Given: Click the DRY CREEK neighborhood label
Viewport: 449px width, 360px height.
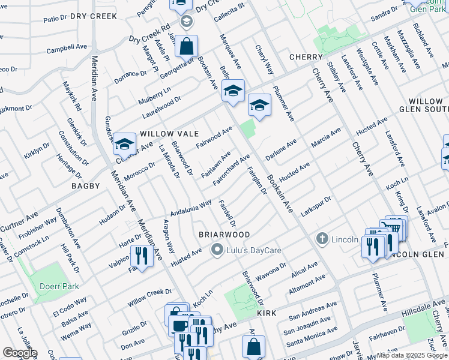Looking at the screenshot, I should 93,16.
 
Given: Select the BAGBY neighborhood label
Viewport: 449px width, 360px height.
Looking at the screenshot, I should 86,186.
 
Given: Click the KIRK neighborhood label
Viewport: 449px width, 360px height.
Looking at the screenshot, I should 267,313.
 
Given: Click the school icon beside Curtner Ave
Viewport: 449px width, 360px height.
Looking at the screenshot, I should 124,144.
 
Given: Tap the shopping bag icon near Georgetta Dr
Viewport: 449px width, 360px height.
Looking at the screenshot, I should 187,46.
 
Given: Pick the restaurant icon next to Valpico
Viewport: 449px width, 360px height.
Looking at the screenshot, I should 142,256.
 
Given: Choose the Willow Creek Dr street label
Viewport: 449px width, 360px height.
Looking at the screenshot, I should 145,296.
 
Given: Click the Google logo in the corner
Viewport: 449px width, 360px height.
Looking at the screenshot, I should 20,353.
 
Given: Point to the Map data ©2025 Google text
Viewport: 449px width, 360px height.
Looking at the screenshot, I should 411,355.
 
